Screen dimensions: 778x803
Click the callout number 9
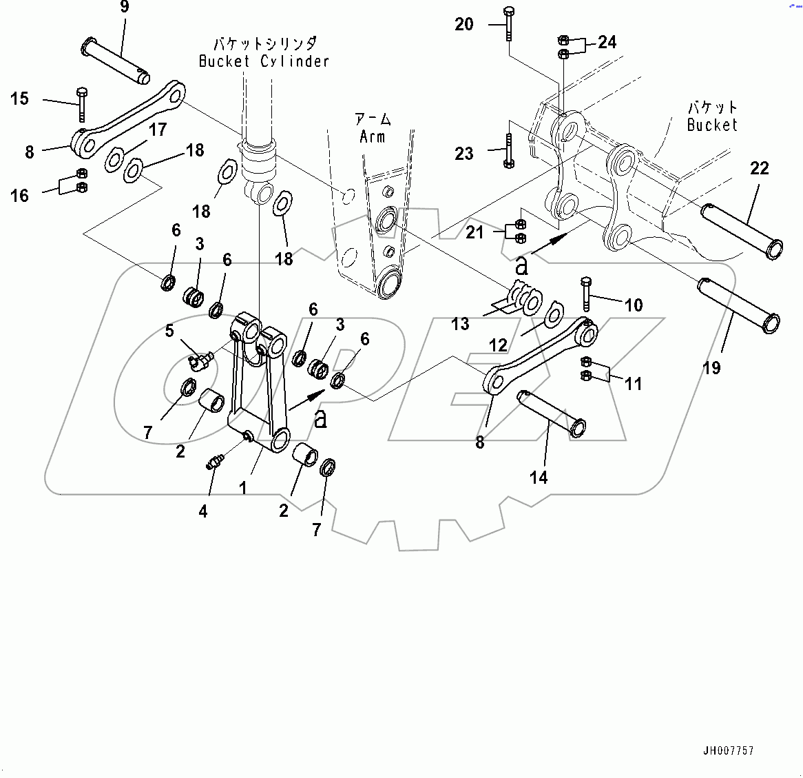(124, 8)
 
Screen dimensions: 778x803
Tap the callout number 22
(759, 168)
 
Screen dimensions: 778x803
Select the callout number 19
(711, 368)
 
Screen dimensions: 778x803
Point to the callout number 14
(539, 477)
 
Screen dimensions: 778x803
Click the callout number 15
(19, 99)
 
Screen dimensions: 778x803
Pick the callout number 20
(464, 24)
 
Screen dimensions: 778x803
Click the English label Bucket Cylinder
(264, 61)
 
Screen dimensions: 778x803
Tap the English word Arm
(372, 136)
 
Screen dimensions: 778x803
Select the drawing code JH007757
(728, 750)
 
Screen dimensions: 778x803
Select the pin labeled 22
(742, 230)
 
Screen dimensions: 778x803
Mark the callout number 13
(460, 323)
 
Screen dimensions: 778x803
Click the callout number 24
(607, 42)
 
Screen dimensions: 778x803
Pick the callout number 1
(242, 488)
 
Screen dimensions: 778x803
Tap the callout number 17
(158, 130)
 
